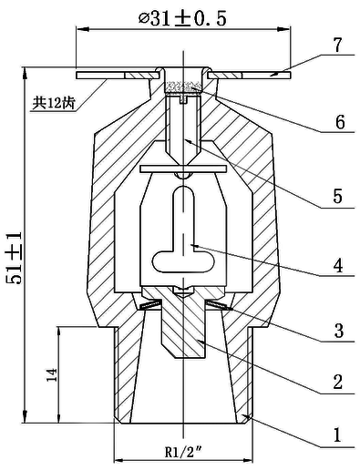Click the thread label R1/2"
pos(182,450)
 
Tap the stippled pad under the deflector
pos(182,88)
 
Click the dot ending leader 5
pos(186,141)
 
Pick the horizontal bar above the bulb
pos(183,169)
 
